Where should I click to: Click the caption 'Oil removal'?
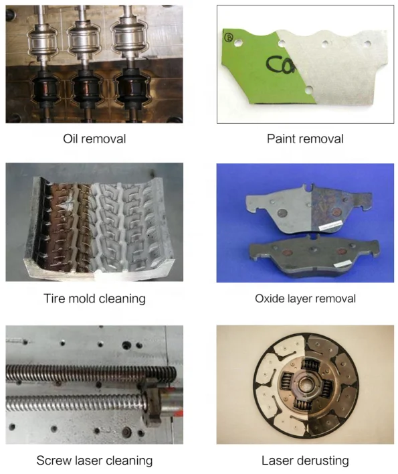coord(94,139)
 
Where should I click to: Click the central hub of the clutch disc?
coord(304,386)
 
